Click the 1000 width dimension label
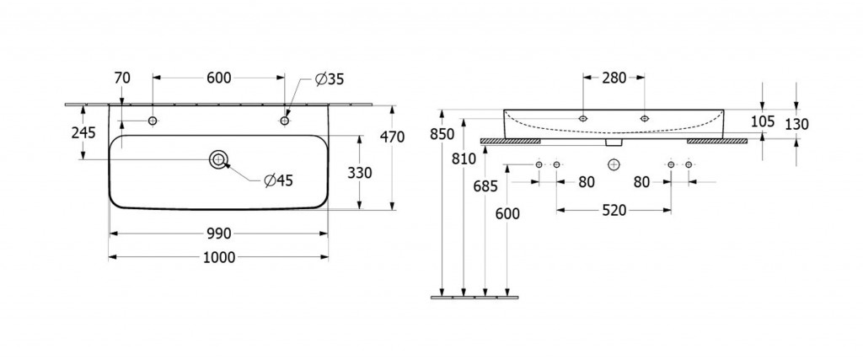218,257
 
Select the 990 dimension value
218,234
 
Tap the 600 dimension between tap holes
218,78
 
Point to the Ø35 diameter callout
330,79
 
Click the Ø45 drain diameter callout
277,180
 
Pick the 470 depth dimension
394,137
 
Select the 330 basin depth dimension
360,172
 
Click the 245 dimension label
83,132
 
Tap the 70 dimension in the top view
121,78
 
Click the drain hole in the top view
218,159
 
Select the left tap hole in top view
153,121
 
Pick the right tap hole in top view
285,121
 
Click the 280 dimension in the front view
614,78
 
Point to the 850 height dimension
442,134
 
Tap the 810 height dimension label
463,158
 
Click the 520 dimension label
614,211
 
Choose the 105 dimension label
762,122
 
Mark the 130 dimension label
796,124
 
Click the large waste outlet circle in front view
614,163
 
